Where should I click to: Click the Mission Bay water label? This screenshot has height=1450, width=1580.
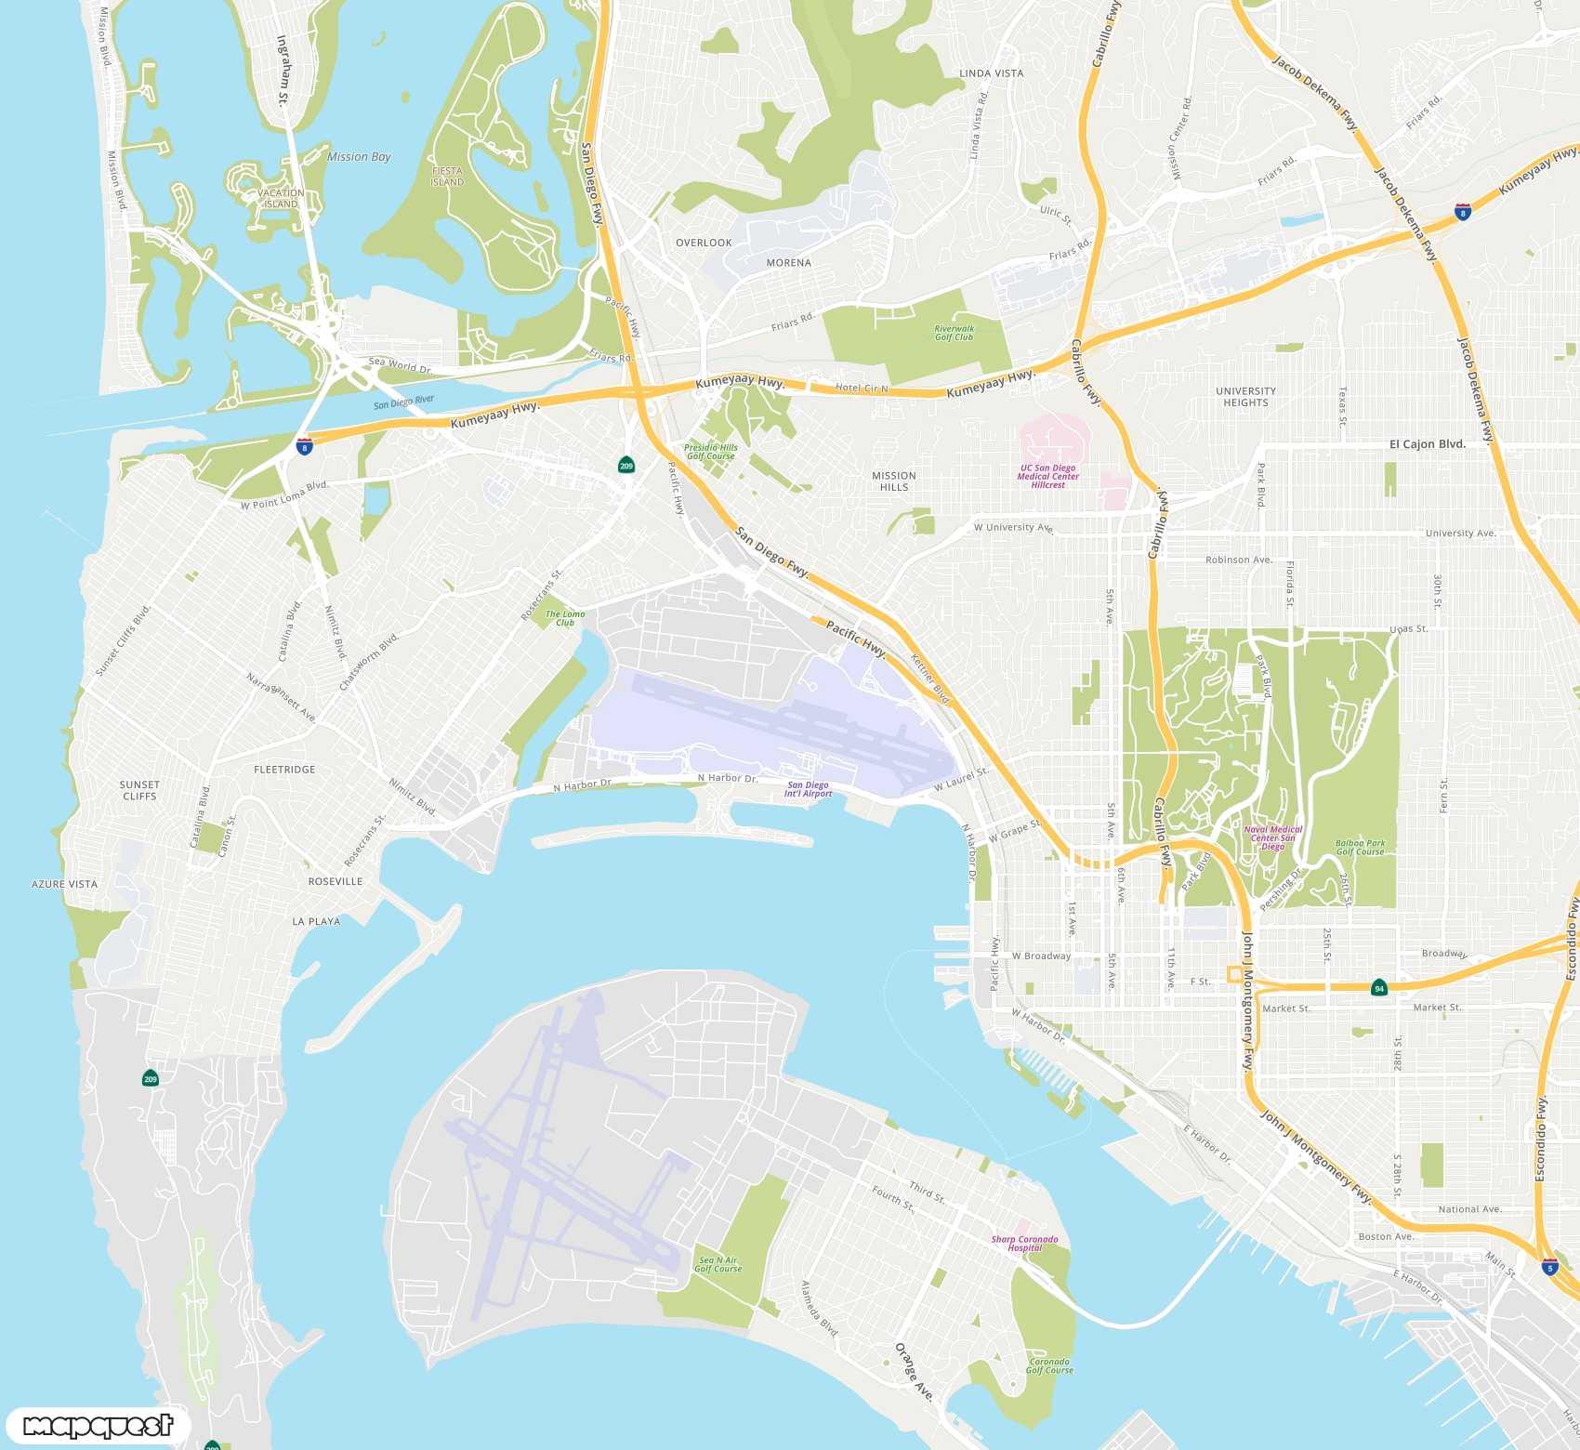click(x=359, y=157)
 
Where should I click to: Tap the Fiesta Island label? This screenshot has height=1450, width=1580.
click(x=447, y=177)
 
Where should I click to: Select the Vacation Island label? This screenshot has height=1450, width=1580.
click(x=281, y=199)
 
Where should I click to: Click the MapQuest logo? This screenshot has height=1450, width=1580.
click(x=98, y=1426)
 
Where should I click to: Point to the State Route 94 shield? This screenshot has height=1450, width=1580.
click(x=1379, y=988)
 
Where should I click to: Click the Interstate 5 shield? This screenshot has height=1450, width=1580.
click(x=1548, y=1267)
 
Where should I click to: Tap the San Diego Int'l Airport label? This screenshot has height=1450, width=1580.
click(x=808, y=789)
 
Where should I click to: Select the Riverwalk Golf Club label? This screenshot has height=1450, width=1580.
click(x=955, y=333)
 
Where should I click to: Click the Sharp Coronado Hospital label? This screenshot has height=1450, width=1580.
click(x=1024, y=1244)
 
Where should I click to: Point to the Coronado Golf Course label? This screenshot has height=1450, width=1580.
click(x=1049, y=1365)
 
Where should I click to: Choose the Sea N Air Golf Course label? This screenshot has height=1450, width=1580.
click(x=718, y=1264)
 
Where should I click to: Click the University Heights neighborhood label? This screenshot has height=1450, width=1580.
click(x=1245, y=397)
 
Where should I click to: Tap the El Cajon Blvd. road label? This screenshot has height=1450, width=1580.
click(x=1427, y=444)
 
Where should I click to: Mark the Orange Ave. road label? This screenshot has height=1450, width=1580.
click(x=913, y=1371)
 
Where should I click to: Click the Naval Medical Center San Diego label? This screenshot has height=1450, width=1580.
click(x=1273, y=837)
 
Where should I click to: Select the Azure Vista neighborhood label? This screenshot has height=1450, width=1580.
click(x=64, y=884)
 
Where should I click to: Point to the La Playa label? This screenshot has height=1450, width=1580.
click(x=316, y=921)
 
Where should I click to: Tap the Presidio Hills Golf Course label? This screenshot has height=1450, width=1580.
click(x=711, y=452)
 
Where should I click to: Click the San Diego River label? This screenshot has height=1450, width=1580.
click(x=403, y=402)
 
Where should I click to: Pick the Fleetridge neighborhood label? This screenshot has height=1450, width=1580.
click(x=284, y=770)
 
